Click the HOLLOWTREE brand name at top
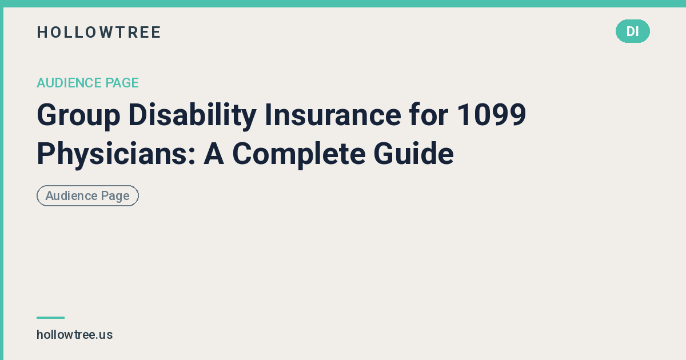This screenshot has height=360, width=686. (x=99, y=33)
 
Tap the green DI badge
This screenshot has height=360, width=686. (x=632, y=31)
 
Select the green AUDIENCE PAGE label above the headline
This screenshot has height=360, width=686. (x=87, y=83)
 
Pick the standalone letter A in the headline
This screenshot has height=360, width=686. (x=214, y=154)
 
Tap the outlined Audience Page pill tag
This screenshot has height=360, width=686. (x=87, y=196)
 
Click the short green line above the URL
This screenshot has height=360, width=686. (x=50, y=318)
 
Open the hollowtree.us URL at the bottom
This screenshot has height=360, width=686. (x=74, y=335)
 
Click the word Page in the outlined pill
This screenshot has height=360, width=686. (x=115, y=196)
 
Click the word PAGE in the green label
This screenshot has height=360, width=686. (x=122, y=83)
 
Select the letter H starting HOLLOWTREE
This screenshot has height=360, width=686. (x=41, y=33)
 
